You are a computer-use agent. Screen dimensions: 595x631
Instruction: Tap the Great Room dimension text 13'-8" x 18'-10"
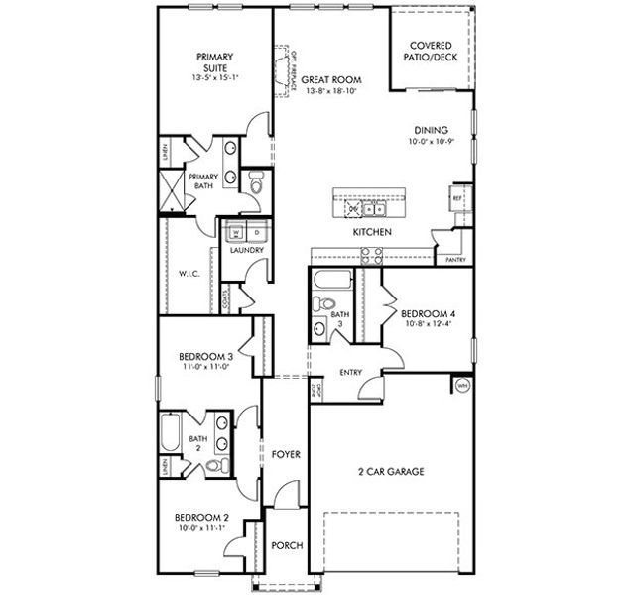pos(330,91)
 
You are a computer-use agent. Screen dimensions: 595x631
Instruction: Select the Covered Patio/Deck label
pos(432,52)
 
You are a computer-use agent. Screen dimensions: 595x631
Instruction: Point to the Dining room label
pos(432,130)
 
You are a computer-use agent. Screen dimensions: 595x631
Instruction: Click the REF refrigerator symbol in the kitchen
pos(456,196)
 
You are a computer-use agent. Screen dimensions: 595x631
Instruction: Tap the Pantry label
pos(456,260)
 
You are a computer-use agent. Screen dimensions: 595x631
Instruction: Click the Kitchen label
pos(372,232)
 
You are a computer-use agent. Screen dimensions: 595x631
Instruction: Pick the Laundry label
pos(246,250)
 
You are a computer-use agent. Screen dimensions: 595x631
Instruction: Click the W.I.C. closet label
pos(190,274)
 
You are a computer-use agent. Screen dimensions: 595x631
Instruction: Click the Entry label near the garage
pos(351,373)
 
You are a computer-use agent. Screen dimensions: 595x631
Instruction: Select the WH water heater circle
pos(461,385)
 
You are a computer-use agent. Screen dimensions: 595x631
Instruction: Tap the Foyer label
pos(286,454)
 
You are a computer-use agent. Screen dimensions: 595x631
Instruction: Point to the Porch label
pos(287,545)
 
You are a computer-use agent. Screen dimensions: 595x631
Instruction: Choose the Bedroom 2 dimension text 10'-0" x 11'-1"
pos(202,529)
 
